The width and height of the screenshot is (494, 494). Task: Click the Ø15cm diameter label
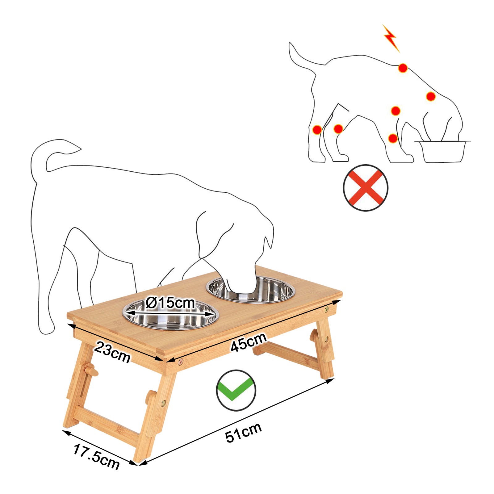tap(170, 303)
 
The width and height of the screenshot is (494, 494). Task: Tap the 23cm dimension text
tap(112, 352)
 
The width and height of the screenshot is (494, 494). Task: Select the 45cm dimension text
tap(249, 342)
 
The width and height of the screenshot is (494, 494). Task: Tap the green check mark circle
tap(236, 390)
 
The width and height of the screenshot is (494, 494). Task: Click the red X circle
tap(366, 188)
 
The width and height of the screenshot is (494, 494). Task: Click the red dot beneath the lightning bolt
tap(403, 68)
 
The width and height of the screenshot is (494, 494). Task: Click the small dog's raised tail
tap(296, 56)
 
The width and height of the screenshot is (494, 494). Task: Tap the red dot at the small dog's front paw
tap(393, 138)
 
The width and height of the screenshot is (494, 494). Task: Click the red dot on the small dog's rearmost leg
tap(317, 130)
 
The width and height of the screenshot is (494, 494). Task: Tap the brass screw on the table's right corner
tap(326, 309)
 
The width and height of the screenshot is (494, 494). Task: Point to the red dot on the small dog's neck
tap(431, 96)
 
